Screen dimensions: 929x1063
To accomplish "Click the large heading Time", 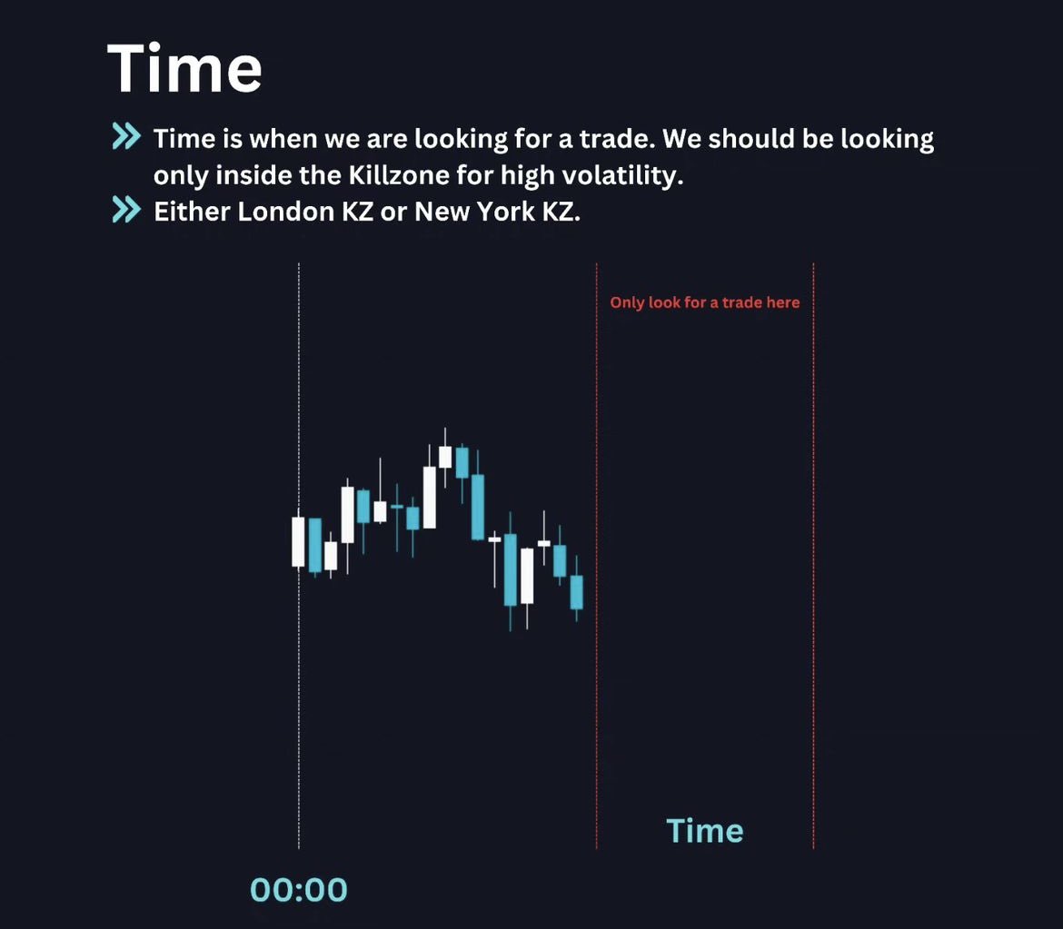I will point(184,69).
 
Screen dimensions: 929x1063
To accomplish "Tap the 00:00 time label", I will point(299,890).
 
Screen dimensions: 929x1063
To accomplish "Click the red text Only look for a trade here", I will point(704,302).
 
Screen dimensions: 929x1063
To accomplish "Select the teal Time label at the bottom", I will point(704,831).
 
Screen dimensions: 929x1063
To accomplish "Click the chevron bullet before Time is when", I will point(126,138).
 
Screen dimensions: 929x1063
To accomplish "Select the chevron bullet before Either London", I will point(126,211).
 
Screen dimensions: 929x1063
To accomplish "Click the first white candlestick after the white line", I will point(298,541).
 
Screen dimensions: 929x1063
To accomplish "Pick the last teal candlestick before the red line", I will point(576,592).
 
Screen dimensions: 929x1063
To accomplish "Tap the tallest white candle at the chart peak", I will point(429,497).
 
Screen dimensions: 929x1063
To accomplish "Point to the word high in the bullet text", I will point(515,174).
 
